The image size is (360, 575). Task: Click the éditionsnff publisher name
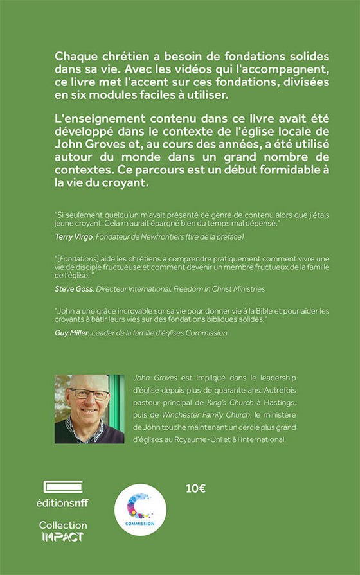pyautogui.click(x=66, y=502)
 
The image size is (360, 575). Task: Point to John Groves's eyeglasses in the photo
pyautogui.click(x=89, y=394)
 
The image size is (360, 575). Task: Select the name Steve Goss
pyautogui.click(x=74, y=290)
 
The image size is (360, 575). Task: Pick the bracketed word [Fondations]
pyautogui.click(x=80, y=258)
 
